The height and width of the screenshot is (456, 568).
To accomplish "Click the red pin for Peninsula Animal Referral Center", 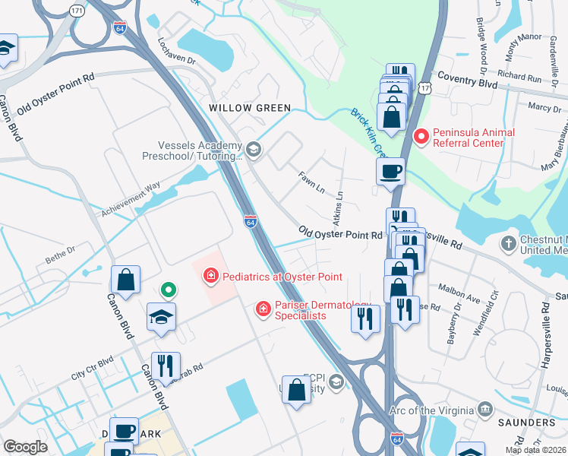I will (x=421, y=138).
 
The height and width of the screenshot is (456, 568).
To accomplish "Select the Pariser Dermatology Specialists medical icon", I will (x=263, y=309).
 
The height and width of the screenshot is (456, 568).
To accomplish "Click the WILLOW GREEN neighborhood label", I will (x=250, y=108).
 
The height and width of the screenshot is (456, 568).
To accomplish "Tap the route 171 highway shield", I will (x=76, y=11).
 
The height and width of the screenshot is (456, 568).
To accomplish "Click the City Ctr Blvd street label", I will (x=92, y=367).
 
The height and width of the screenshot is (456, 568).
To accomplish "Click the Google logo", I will (x=25, y=447).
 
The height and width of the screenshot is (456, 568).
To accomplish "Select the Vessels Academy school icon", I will (x=253, y=149).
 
